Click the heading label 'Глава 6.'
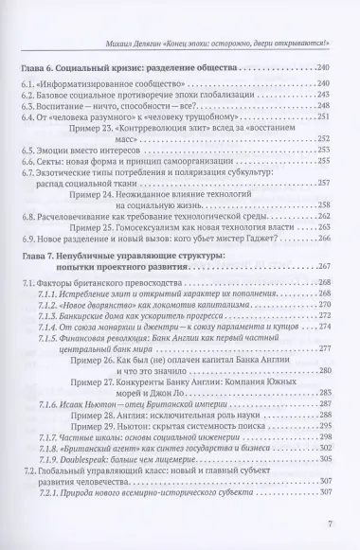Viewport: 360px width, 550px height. pos(39,70)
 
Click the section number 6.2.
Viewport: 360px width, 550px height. pos(27,96)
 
